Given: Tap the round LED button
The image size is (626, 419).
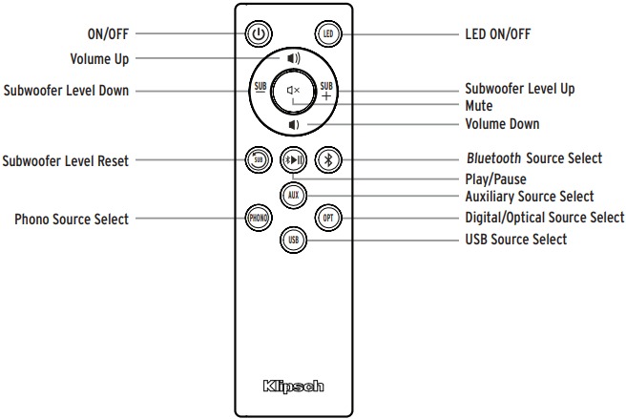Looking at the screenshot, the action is [328, 34].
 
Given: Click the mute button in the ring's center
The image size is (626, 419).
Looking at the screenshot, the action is [294, 91].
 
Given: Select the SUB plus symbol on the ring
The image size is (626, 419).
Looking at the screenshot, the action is [326, 91].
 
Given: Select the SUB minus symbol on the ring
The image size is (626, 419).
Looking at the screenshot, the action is [261, 87].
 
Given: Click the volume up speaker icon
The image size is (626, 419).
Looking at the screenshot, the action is [294, 59].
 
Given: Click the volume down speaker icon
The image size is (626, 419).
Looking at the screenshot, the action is [294, 125].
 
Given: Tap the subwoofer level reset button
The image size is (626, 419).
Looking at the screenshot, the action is [259, 160].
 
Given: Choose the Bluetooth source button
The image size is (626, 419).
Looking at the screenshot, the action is [328, 160].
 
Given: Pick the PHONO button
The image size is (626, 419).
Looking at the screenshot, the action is [259, 218].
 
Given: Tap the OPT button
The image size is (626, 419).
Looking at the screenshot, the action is [328, 218].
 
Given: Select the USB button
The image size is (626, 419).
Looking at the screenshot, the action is [294, 241].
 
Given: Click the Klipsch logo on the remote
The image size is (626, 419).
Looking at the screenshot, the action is [294, 387].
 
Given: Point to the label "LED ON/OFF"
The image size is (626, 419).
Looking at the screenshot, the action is [498, 34].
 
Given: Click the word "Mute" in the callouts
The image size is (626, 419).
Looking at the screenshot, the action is [479, 106].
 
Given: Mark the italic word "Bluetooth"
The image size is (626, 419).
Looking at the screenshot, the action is [494, 158].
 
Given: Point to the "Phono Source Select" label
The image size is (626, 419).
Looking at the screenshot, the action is [72, 219].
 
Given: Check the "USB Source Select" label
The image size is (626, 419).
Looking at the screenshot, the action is [516, 240].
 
